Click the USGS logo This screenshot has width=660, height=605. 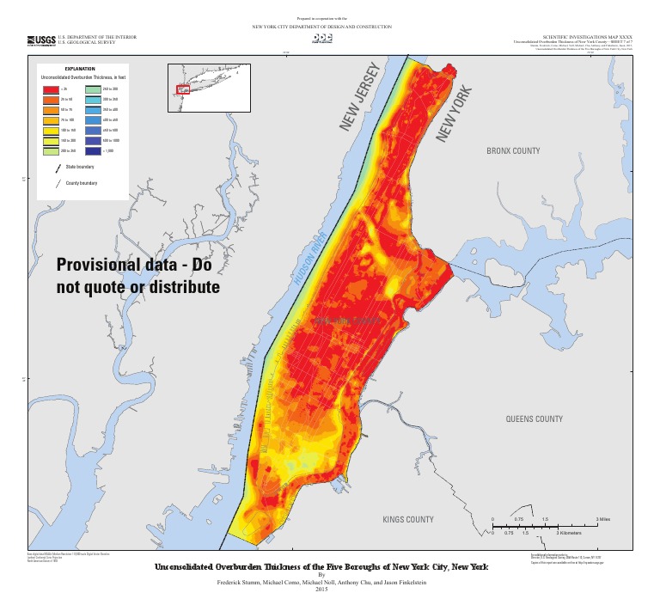(42, 40)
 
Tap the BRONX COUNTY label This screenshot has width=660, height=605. (513, 151)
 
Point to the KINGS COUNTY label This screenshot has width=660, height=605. (408, 520)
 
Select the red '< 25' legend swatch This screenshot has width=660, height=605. (50, 89)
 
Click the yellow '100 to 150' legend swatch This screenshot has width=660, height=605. (50, 126)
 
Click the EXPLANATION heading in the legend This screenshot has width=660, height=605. (80, 68)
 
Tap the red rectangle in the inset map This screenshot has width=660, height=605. (182, 89)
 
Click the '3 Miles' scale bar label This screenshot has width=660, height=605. (602, 520)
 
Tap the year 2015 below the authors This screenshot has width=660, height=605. (321, 589)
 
